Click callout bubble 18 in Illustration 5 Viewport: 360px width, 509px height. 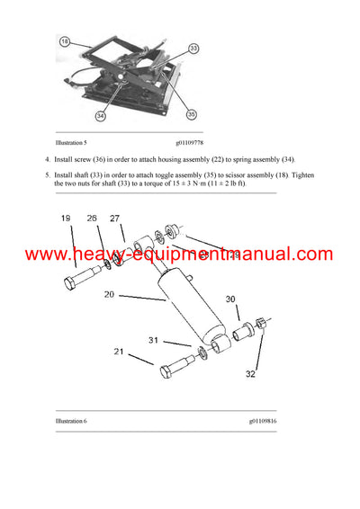coord(64,41)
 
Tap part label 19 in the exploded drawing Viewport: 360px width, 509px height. coord(65,219)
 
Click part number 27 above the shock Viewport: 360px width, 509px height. coord(114,219)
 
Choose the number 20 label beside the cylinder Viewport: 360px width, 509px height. coord(109,293)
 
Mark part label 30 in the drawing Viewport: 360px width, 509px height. coord(229,299)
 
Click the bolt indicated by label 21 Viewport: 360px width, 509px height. coord(176,369)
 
